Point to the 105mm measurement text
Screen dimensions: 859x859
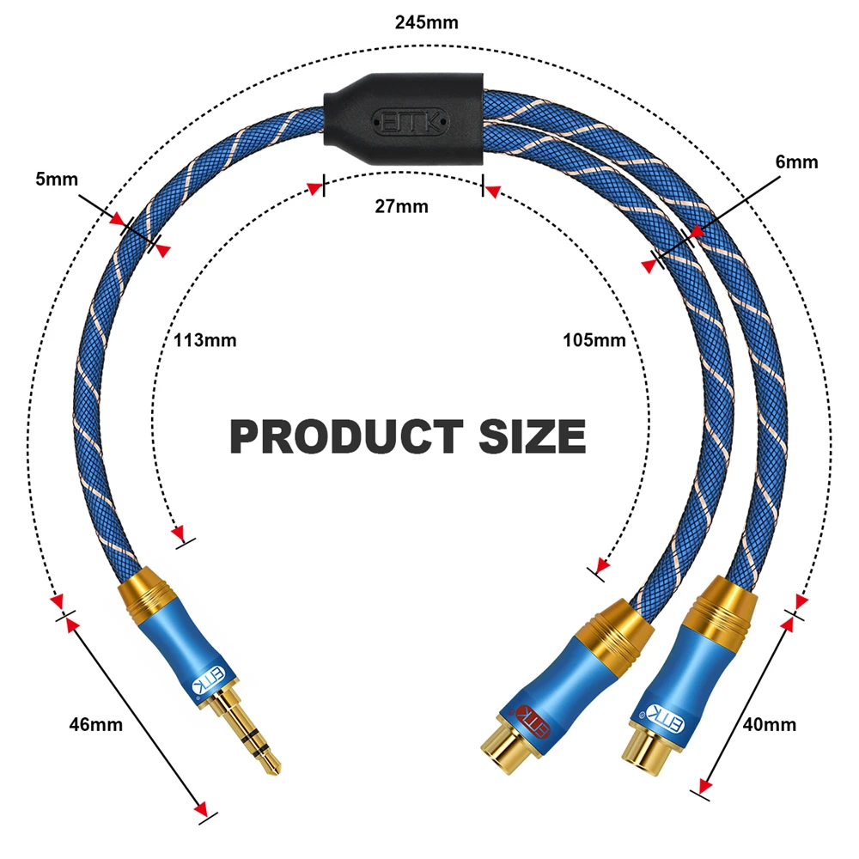click(x=594, y=340)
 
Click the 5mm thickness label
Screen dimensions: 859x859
click(x=57, y=180)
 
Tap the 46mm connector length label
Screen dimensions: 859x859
click(x=96, y=724)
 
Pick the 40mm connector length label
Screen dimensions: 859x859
click(x=770, y=724)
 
